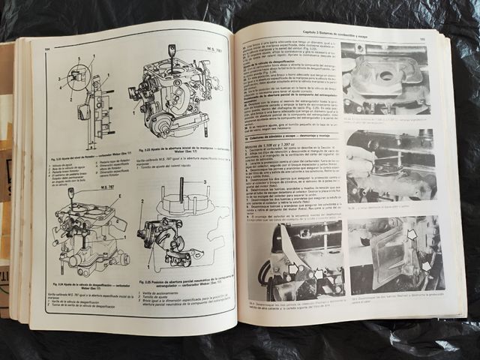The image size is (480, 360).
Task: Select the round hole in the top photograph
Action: click(387, 75)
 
